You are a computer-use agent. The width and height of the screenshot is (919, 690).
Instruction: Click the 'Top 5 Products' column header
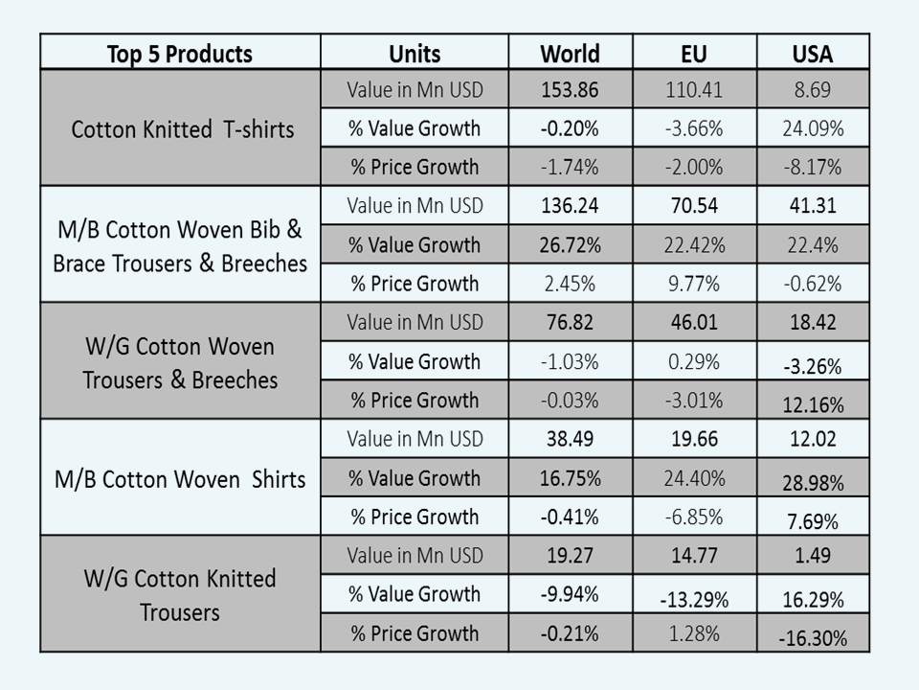[180, 53]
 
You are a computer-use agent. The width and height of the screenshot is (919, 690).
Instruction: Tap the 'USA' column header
[813, 53]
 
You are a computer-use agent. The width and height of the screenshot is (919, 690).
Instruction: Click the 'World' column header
[570, 53]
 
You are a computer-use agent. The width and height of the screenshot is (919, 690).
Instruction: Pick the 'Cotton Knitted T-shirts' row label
[182, 128]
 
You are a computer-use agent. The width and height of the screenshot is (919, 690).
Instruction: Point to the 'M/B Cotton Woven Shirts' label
[180, 478]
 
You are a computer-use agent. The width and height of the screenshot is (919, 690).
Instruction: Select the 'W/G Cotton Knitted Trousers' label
[180, 595]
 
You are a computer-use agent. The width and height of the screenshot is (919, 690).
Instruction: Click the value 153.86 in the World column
[570, 90]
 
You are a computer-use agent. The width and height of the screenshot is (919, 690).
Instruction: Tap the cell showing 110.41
[694, 90]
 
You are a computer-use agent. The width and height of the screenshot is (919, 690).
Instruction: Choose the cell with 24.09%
[813, 128]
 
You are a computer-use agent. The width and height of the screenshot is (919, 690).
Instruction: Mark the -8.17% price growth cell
[813, 167]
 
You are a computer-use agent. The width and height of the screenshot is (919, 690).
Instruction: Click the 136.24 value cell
[570, 206]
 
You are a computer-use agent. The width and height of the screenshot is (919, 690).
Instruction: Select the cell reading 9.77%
[694, 284]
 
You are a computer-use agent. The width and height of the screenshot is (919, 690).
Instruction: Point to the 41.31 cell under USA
[813, 206]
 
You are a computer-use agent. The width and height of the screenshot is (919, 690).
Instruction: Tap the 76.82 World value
[570, 322]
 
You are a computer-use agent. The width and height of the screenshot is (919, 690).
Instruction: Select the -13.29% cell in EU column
[694, 600]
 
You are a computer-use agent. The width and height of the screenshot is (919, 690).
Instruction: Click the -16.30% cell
[813, 637]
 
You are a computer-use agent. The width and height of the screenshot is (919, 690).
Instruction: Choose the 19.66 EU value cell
[694, 439]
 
